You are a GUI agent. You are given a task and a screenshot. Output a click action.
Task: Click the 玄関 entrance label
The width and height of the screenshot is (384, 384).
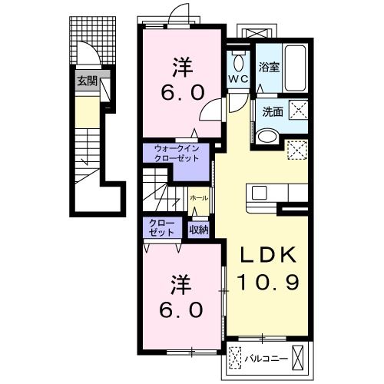tap(88, 81)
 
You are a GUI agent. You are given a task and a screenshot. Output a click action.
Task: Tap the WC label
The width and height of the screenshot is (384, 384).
tap(238, 79)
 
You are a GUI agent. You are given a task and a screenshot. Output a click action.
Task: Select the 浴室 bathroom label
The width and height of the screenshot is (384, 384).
tap(269, 67)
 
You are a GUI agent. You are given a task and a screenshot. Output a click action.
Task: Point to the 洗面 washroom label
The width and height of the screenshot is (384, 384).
tap(273, 112)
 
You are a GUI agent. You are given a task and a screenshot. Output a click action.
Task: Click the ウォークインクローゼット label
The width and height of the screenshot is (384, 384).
tap(177, 154)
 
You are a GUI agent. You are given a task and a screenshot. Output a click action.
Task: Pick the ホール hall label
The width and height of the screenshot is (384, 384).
tap(199, 198)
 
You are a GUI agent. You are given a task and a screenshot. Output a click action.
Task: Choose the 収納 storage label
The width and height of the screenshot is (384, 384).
tap(199, 230)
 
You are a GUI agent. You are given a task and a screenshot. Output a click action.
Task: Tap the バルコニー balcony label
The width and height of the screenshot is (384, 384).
tap(266, 359)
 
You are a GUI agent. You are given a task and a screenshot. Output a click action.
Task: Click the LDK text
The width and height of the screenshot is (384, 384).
tap(268, 255)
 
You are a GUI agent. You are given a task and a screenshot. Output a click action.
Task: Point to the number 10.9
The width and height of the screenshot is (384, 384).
tap(268, 282)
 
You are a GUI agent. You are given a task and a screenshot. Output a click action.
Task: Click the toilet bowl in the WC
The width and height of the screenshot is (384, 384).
tap(238, 61)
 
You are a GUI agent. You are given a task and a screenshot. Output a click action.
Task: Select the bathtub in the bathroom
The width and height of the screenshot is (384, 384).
tap(295, 68)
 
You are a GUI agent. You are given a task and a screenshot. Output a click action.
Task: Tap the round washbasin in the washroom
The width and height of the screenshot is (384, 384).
tap(268, 137)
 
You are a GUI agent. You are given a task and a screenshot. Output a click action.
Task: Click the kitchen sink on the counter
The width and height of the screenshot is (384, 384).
tap(259, 193)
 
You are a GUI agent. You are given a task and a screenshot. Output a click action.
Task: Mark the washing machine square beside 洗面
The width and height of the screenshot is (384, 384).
tap(299, 110)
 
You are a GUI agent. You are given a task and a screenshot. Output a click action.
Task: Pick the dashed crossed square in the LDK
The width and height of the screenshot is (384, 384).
tap(297, 150)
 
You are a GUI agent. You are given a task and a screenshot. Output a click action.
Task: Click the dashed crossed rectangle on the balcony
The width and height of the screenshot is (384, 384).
tap(235, 358)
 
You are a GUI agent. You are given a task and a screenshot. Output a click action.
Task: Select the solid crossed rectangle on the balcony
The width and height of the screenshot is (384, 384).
tap(298, 358)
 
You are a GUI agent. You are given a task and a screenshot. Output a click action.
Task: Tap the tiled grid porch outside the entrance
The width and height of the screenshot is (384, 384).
tap(93, 41)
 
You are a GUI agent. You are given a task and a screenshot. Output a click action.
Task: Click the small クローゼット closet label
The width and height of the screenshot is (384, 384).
tap(162, 227)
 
